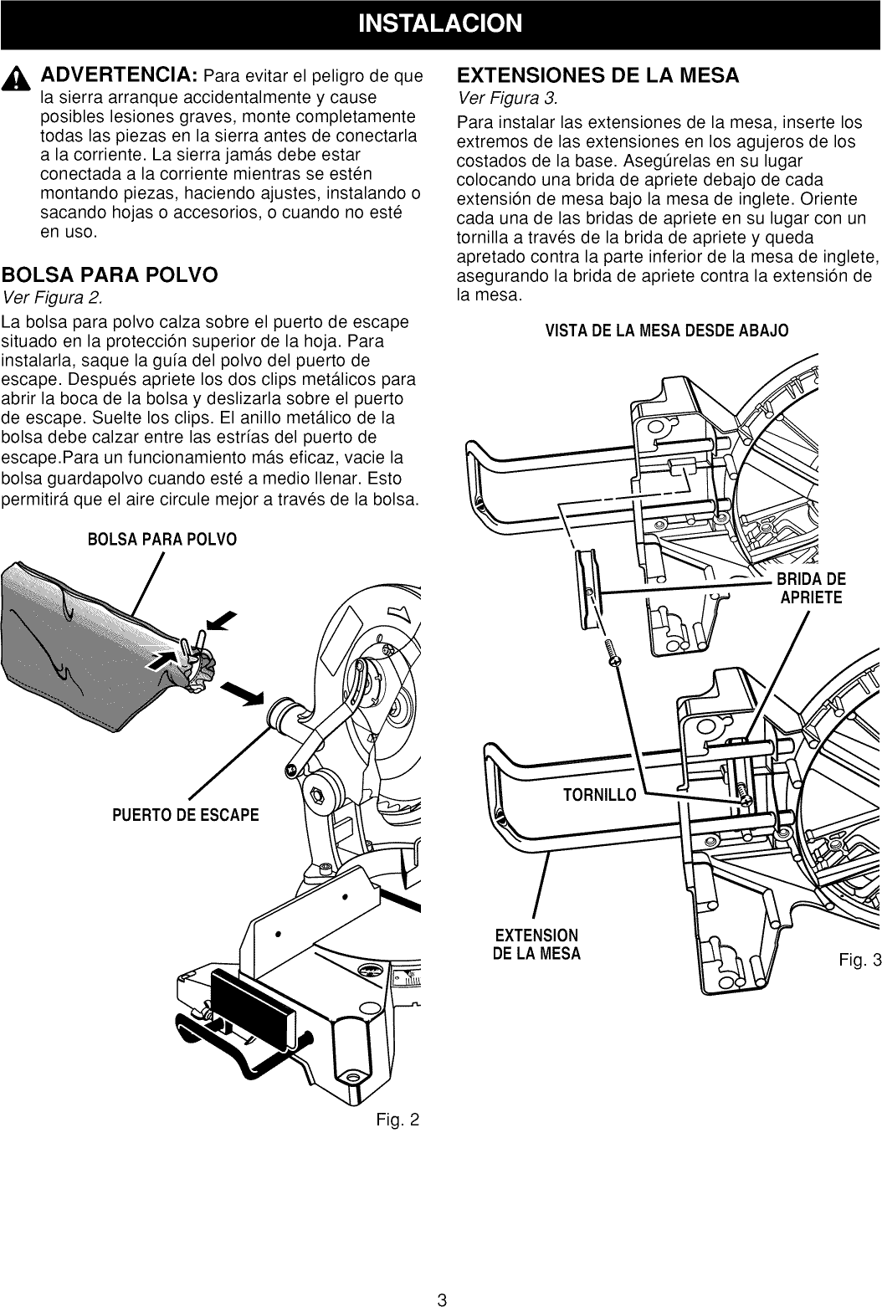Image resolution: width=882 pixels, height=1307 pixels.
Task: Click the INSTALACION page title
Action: tap(440, 23)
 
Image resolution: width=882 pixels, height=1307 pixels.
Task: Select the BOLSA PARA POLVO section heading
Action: tap(110, 274)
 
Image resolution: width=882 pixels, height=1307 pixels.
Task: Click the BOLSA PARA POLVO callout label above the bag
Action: tap(162, 538)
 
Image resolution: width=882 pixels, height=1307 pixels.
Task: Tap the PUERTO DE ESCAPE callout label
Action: tap(186, 815)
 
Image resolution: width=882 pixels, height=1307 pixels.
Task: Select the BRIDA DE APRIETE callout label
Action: tap(812, 587)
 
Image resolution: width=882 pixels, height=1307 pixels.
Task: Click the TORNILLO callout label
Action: tap(600, 794)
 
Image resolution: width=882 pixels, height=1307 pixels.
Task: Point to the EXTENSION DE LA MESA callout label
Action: tap(536, 944)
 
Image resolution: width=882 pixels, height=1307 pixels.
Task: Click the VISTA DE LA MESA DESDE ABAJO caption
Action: tap(666, 330)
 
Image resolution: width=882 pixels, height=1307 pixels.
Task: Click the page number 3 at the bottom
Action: tap(441, 1299)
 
